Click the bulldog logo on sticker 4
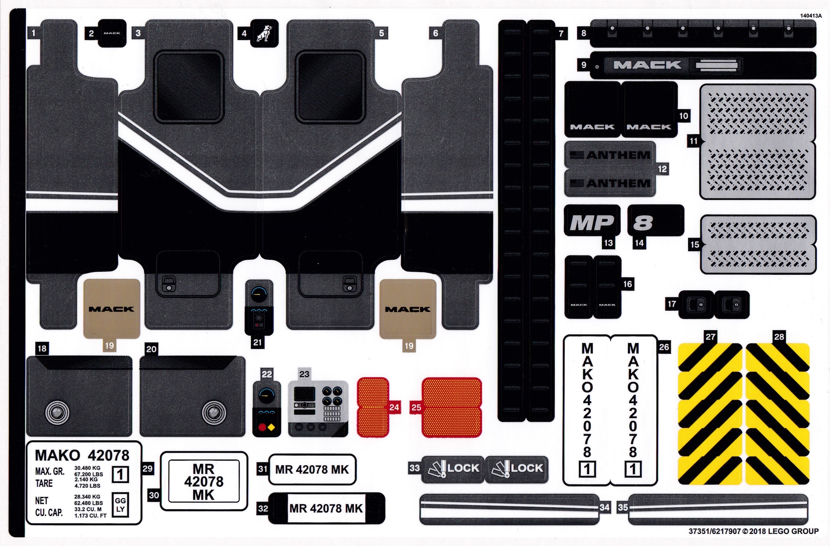264,33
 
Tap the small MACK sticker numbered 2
112,33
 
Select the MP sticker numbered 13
592,222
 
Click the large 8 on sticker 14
643,223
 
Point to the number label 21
257,342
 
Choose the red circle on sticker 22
262,427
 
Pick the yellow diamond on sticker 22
272,427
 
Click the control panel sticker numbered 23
318,409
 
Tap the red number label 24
394,407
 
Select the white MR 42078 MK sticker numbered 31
312,470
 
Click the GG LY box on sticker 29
120,505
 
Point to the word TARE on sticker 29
44,483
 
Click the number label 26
664,347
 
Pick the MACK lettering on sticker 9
647,65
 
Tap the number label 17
672,304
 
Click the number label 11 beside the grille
693,141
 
